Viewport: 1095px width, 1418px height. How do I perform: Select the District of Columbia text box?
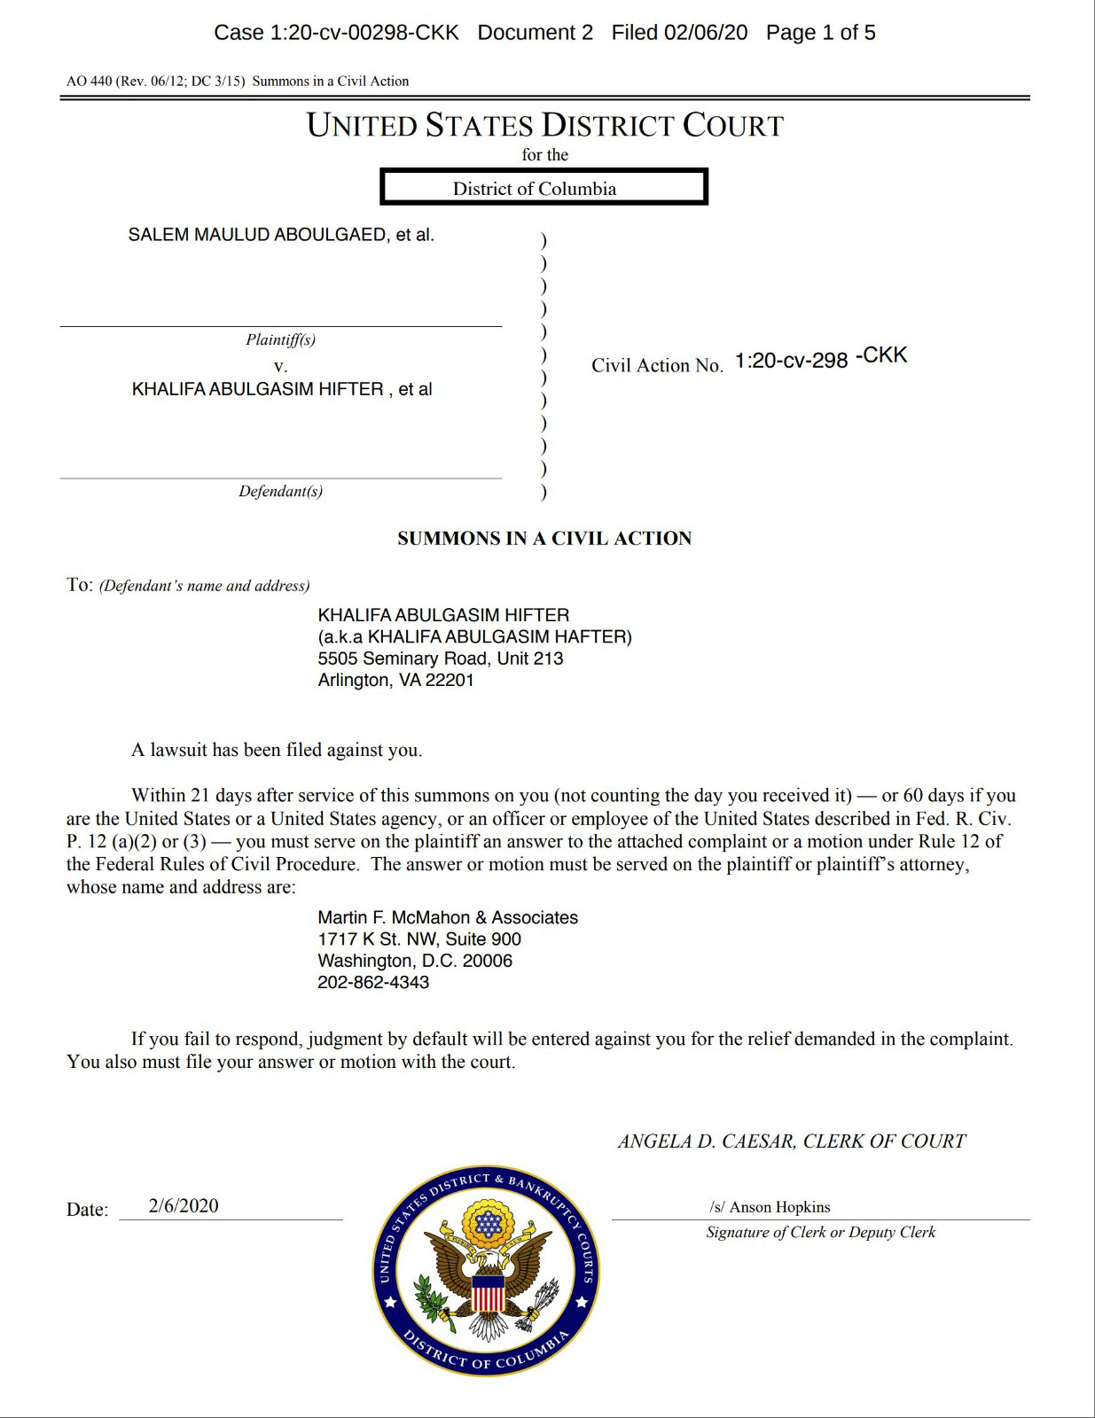click(544, 188)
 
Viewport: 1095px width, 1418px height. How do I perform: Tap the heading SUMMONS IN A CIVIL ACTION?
click(544, 539)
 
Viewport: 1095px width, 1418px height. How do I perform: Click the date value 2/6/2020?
click(184, 1206)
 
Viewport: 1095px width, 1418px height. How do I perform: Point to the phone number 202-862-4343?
click(373, 983)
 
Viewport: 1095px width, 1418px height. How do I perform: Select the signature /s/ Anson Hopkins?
click(770, 1207)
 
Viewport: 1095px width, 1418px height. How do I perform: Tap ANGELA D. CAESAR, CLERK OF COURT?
click(792, 1141)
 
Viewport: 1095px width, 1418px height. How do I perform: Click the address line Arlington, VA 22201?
click(395, 681)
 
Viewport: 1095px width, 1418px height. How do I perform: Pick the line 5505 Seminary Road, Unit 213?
click(441, 658)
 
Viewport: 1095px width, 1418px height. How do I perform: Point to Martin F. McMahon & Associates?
click(448, 918)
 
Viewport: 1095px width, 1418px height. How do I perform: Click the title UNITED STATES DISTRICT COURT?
click(544, 126)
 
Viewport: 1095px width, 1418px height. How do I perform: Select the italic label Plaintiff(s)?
click(280, 339)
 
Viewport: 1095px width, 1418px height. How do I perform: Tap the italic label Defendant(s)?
click(280, 491)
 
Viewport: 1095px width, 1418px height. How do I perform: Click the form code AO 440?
click(89, 82)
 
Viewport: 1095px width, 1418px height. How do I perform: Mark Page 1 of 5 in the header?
click(820, 33)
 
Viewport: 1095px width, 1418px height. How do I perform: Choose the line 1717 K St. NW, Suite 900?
click(419, 939)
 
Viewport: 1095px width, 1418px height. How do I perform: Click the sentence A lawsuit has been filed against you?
click(277, 750)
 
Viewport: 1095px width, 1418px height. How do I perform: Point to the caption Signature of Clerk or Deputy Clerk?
click(820, 1232)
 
